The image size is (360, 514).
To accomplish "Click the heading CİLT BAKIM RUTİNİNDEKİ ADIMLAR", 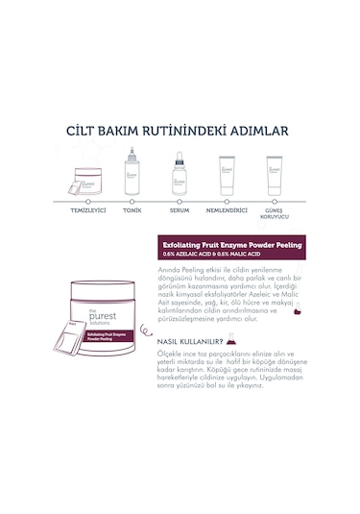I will click(x=180, y=131).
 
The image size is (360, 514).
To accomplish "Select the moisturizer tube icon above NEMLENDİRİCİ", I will click(x=227, y=175).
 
